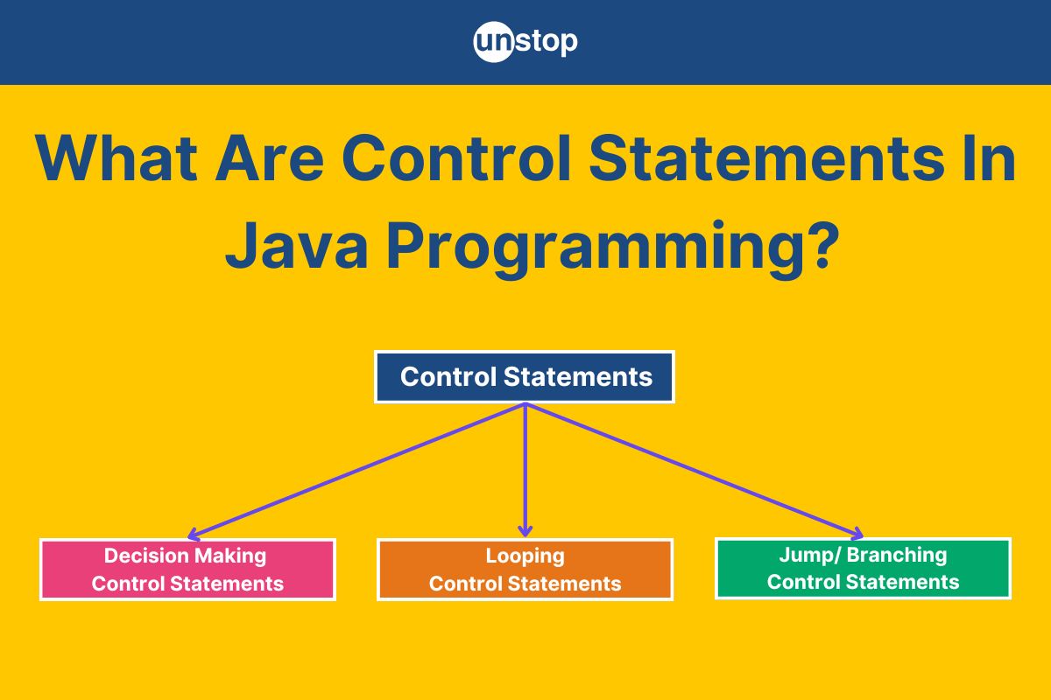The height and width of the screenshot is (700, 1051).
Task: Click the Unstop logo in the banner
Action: [x=525, y=42]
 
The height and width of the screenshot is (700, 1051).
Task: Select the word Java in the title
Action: [x=297, y=245]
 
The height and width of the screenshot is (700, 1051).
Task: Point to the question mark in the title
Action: [x=823, y=244]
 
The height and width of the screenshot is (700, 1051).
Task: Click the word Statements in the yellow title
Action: [x=766, y=158]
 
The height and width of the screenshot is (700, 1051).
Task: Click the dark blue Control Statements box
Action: [x=525, y=376]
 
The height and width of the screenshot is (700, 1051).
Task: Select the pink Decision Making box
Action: [x=187, y=570]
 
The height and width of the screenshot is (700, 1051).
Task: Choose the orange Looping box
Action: [x=525, y=570]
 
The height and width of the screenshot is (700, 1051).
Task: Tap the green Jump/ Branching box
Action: [x=863, y=568]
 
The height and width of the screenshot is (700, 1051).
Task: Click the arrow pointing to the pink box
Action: [x=356, y=470]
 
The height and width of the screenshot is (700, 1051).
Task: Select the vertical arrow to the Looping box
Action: [x=525, y=470]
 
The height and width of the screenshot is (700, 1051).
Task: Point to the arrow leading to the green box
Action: [x=695, y=470]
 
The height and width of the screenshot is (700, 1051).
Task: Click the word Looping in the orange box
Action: [x=525, y=557]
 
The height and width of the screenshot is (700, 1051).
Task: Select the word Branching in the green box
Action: [x=897, y=556]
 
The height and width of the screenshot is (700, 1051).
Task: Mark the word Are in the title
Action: [x=270, y=158]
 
